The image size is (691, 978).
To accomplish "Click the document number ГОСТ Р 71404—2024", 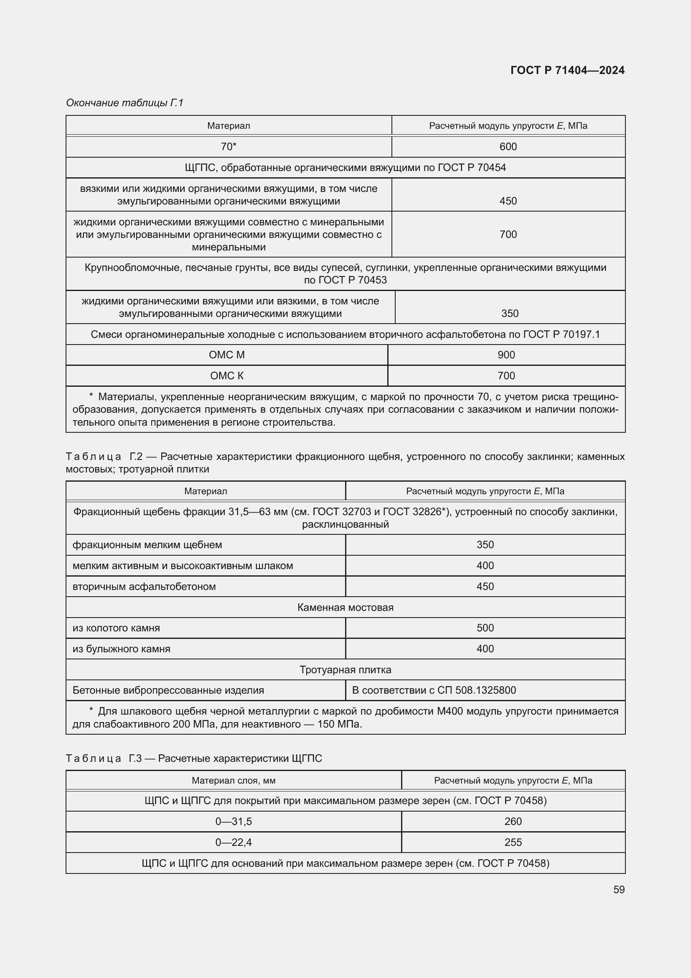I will click(567, 70).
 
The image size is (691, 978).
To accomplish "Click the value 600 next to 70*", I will click(508, 146).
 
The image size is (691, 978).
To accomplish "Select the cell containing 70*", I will click(229, 146).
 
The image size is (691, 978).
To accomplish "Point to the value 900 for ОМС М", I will click(506, 355).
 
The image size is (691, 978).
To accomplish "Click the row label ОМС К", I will click(227, 376).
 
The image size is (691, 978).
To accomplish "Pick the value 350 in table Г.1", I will click(510, 314).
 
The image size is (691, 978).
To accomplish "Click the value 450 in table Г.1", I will click(508, 201).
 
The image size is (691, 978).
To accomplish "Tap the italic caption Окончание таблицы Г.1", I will click(124, 103).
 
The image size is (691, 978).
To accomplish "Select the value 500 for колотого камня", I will click(485, 628).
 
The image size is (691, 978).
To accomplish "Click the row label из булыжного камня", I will click(121, 649).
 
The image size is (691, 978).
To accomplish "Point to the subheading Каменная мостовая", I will click(345, 608).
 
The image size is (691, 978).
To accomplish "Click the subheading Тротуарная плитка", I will click(345, 669).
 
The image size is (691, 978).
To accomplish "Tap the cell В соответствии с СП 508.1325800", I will click(434, 690).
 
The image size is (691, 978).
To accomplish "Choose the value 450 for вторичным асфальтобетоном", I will click(485, 587).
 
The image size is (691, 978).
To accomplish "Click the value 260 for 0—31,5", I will click(513, 821).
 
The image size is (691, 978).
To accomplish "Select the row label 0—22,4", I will click(234, 842).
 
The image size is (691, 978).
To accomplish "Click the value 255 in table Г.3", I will click(513, 842).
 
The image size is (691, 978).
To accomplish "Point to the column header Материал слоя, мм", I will click(234, 780).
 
